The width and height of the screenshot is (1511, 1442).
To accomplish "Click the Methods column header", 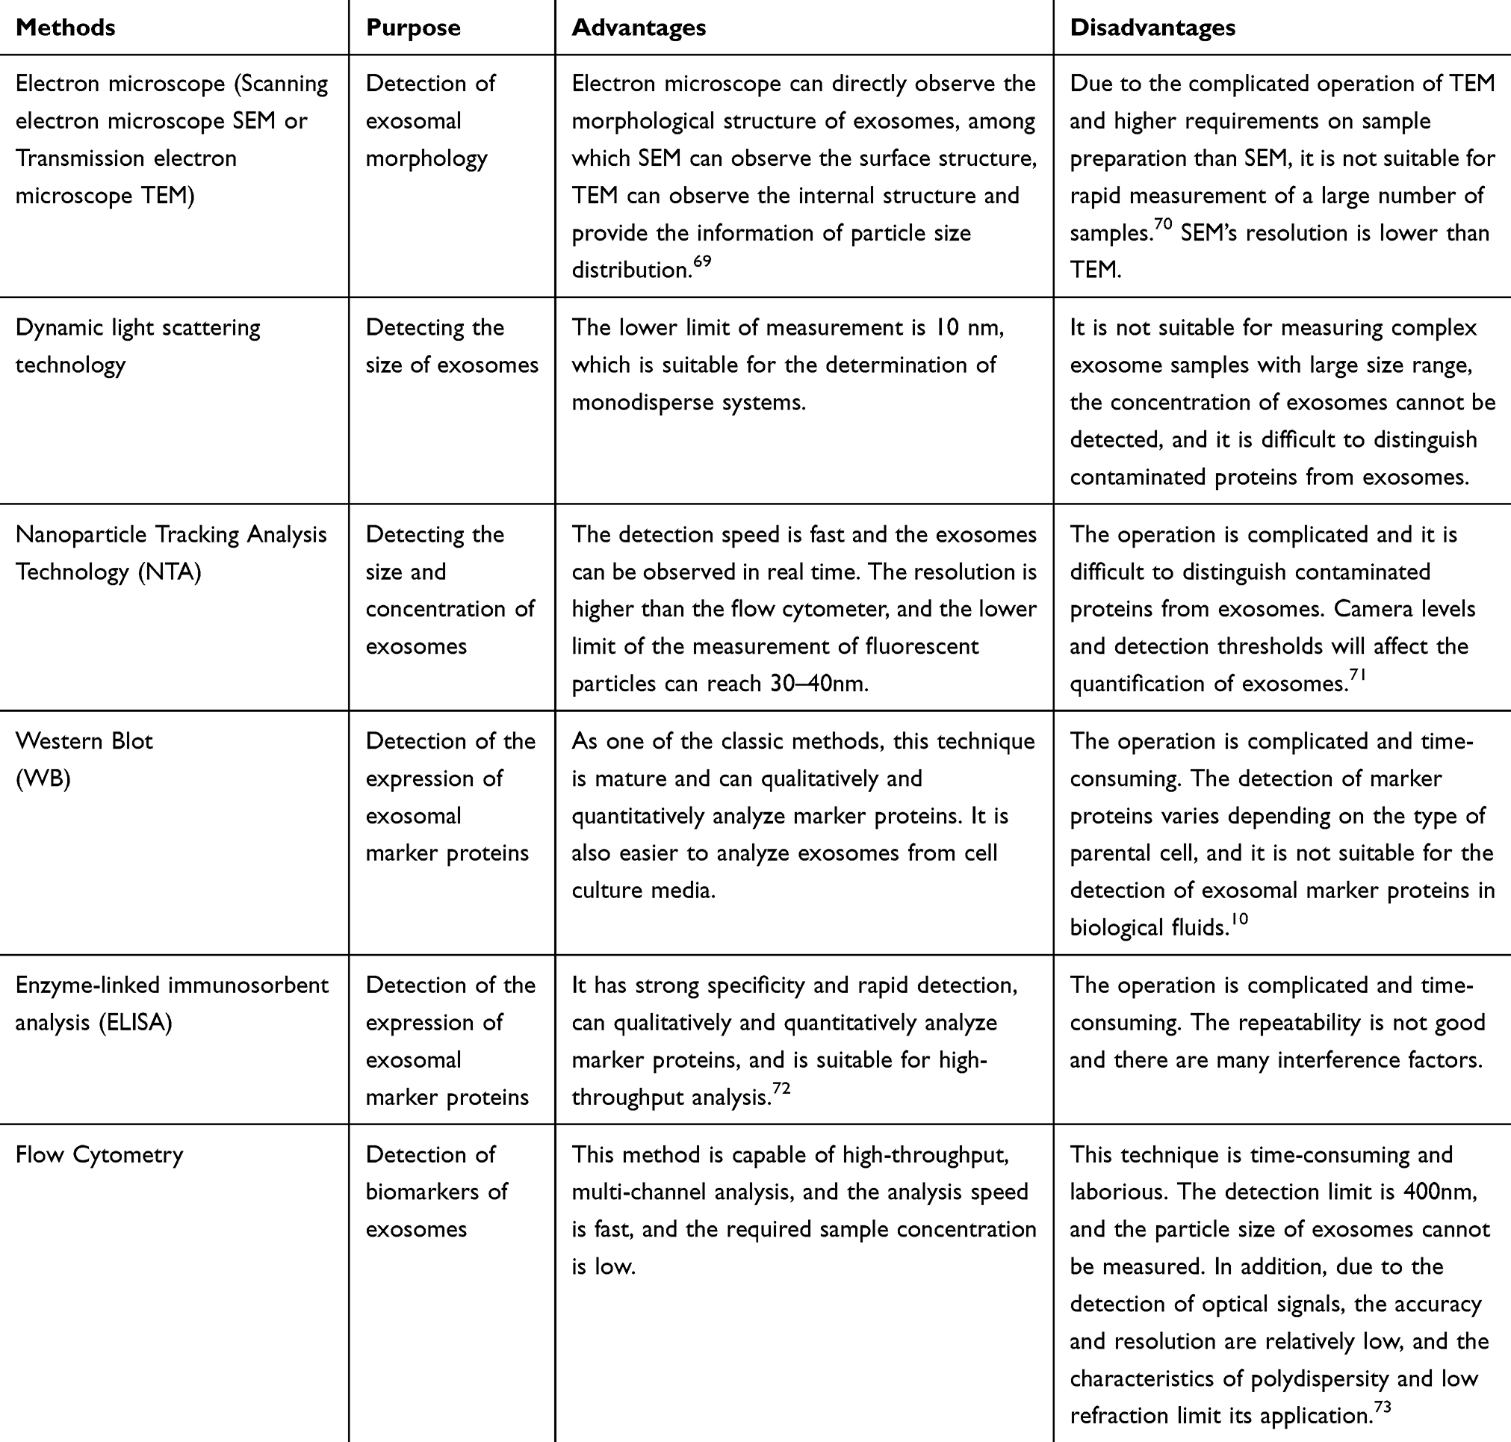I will pos(65,28).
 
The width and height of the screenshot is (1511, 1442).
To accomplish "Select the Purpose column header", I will pos(413,28).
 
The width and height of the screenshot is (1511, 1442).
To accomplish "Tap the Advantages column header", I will pos(638,28).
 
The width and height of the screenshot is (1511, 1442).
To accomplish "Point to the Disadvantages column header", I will pos(1152,28).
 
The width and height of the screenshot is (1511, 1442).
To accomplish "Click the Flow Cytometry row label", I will pos(99,1154).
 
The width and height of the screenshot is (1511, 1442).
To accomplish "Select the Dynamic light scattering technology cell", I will pos(137,346).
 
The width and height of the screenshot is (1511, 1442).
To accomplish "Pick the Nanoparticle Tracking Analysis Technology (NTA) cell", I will pos(170,553).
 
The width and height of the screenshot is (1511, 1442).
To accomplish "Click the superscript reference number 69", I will pos(701,262).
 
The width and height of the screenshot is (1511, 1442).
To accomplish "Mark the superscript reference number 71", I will pos(1357,675).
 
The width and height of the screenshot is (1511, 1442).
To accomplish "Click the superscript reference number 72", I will pos(781,1089).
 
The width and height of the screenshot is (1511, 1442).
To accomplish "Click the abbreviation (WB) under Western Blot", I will pos(43,779).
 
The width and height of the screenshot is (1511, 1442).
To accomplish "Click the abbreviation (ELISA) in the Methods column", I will pos(134,1022).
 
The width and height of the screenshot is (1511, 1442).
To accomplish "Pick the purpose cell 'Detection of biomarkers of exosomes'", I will pos(435,1192).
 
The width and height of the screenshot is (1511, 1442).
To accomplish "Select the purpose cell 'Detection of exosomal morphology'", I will pos(429,121).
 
